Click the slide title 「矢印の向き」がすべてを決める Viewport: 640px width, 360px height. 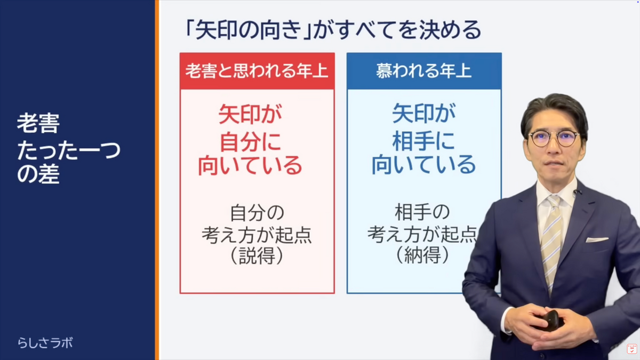(333, 30)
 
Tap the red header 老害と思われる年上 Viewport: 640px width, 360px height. (257, 71)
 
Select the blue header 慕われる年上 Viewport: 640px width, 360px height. (423, 71)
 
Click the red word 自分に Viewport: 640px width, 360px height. (250, 142)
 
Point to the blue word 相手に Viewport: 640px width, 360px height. (423, 141)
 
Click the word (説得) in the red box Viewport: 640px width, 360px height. (257, 255)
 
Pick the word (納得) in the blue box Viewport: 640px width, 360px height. (422, 255)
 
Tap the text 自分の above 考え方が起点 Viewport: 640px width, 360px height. (257, 213)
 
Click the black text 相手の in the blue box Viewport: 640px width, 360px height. (422, 212)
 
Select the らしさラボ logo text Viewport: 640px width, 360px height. (45, 343)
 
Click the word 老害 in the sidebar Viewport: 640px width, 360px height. (38, 123)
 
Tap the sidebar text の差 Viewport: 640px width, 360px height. (38, 174)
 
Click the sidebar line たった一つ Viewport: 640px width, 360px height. (69, 150)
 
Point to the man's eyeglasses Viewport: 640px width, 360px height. (554, 139)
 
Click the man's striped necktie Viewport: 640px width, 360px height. (551, 243)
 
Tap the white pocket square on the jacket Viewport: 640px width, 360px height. (597, 239)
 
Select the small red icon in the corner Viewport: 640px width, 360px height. (631, 349)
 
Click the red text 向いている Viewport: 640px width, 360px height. (250, 166)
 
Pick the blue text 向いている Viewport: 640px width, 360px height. (423, 165)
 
